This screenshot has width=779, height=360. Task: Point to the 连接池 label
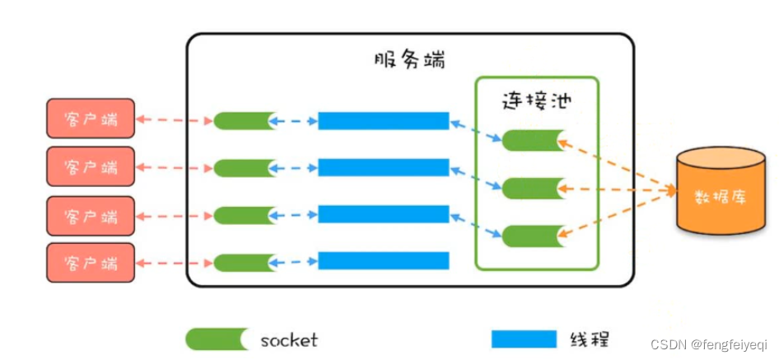537,101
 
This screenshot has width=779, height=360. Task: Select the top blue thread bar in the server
383,121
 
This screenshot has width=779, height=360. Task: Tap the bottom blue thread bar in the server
383,261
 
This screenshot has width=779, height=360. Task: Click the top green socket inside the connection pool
533,140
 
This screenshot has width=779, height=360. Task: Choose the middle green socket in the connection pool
533,189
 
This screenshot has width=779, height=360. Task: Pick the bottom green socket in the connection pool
533,236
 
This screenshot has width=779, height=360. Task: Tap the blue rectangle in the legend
523,339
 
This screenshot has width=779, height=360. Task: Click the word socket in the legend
288,339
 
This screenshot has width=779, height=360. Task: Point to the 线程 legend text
590,339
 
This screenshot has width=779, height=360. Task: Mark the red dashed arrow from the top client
174,120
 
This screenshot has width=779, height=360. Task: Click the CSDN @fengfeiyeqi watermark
707,344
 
